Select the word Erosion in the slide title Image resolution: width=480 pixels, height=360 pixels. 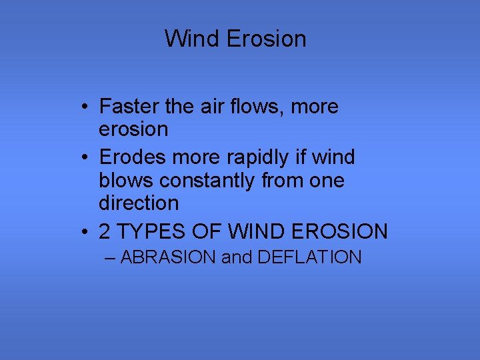pos(266,38)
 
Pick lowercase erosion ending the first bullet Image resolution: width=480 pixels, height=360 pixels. pos(133,129)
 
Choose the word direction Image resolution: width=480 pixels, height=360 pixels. pos(139,203)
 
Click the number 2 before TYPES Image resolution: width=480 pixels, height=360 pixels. pos(105,232)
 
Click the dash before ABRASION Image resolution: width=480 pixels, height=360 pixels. pos(110,258)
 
